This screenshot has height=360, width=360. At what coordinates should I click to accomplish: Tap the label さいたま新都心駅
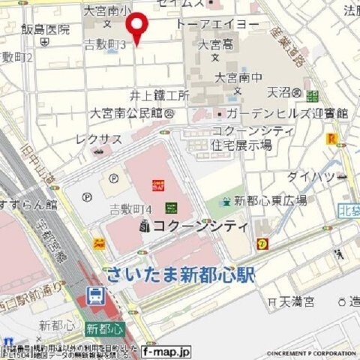point(180,274)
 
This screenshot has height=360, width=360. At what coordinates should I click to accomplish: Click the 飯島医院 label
point(45,30)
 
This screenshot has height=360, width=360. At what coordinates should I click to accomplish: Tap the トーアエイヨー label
point(217,25)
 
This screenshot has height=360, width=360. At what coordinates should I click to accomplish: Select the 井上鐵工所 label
point(159,95)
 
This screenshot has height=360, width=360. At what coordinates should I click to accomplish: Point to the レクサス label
point(98,139)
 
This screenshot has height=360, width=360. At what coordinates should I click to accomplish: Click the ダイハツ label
point(311,177)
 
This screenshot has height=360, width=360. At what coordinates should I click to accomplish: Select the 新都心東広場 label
point(270,200)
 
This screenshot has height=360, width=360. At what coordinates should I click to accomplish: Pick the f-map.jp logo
point(166,351)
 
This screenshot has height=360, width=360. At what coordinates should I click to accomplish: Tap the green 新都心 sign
point(103,328)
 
